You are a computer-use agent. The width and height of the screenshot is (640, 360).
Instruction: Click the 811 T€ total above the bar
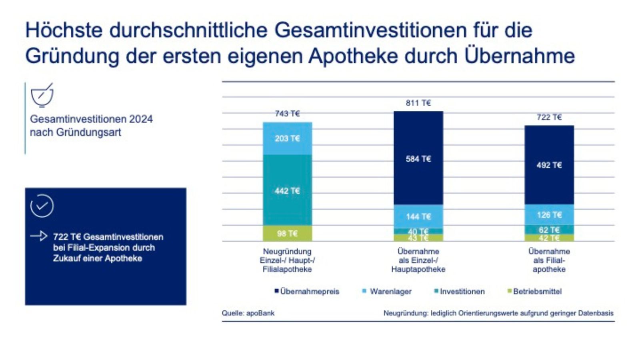(x=418, y=103)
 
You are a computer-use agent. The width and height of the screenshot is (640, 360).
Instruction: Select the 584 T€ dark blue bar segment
(x=418, y=159)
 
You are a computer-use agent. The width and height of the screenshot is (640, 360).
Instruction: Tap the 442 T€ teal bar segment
(x=287, y=190)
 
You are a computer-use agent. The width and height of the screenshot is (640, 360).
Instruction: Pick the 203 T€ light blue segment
(x=287, y=138)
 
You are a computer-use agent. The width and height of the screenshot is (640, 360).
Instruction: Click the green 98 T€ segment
(x=287, y=233)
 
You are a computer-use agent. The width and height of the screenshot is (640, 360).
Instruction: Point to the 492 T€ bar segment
(x=549, y=165)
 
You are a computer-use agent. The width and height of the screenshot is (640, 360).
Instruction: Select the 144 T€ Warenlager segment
(x=418, y=216)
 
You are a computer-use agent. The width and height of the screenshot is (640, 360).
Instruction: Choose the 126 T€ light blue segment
(x=549, y=215)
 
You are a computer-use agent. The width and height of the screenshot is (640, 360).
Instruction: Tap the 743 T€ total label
(x=287, y=114)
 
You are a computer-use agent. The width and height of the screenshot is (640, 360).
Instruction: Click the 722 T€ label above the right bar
(x=549, y=117)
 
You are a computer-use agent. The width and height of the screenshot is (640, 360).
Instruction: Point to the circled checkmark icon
(x=42, y=206)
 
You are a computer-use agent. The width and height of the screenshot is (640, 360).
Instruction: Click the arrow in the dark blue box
(x=39, y=236)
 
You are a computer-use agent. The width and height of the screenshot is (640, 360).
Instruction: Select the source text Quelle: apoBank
(x=248, y=313)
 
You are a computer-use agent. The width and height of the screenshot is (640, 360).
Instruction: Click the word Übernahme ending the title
(x=520, y=56)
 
